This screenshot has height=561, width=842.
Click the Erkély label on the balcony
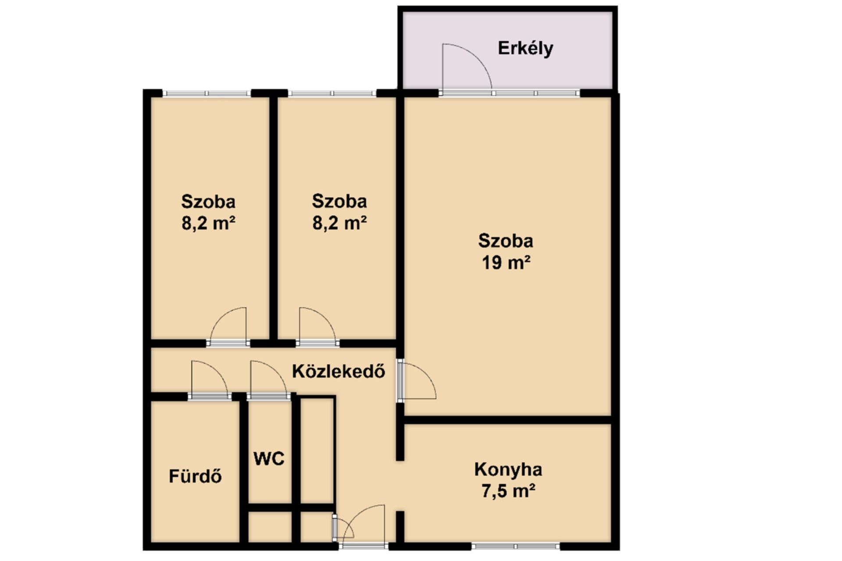tap(525, 48)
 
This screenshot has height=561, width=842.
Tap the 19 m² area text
tap(506, 263)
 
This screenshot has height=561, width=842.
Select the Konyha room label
tap(508, 469)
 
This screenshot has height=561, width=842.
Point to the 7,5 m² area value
tap(508, 491)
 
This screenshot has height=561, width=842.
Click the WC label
tap(269, 458)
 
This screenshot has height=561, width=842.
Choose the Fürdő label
tap(195, 476)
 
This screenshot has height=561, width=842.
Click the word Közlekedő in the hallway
tap(339, 371)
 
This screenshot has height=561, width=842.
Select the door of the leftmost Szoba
tap(228, 327)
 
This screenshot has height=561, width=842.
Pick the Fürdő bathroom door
tap(210, 380)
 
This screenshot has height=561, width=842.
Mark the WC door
tap(268, 380)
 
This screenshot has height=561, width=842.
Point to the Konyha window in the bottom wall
tap(516, 547)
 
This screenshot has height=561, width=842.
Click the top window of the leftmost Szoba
tap(207, 93)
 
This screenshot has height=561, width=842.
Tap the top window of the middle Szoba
tap(332, 93)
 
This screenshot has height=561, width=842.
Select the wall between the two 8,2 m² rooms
tap(273, 218)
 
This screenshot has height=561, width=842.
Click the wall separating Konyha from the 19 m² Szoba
tap(507, 420)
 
